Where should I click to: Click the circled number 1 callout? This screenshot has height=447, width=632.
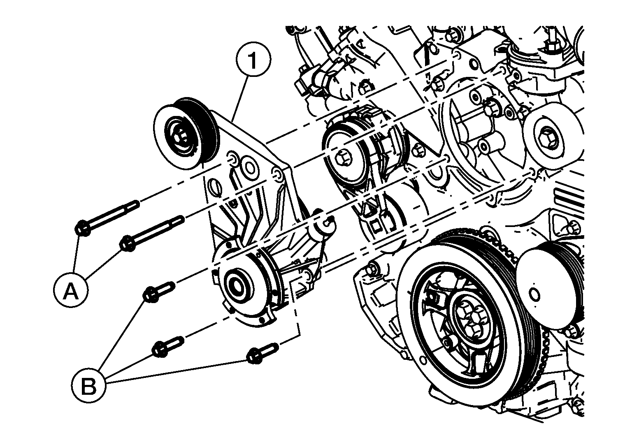pyautogui.click(x=253, y=59)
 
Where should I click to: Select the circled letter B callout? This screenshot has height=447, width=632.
pyautogui.click(x=88, y=385)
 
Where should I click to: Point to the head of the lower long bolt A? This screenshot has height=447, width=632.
pyautogui.click(x=128, y=243)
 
